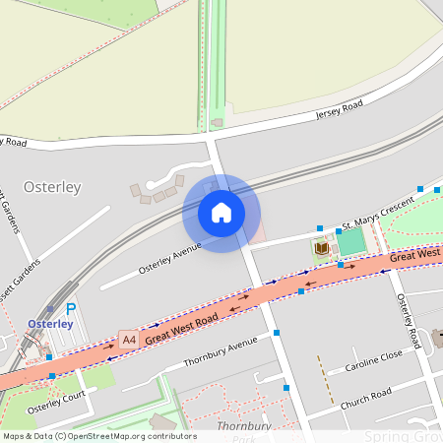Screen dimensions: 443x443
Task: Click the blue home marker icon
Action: (x=221, y=213)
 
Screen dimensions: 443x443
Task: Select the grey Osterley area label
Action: (x=51, y=187)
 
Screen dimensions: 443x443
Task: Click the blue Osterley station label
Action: (x=50, y=323)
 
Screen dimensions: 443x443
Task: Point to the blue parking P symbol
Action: (x=71, y=309)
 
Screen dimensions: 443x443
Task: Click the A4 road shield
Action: (x=128, y=340)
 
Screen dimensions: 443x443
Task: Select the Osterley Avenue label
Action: (x=169, y=256)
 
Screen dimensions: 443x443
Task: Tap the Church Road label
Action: (x=366, y=398)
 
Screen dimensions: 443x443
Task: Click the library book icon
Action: (x=320, y=248)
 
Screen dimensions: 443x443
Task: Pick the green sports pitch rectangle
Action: (x=349, y=242)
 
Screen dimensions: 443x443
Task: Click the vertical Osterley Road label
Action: (x=409, y=321)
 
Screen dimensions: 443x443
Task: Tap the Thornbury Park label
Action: (x=236, y=431)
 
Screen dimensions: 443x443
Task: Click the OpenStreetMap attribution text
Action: (x=98, y=436)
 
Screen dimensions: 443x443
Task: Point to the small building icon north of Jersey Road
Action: (x=217, y=122)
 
